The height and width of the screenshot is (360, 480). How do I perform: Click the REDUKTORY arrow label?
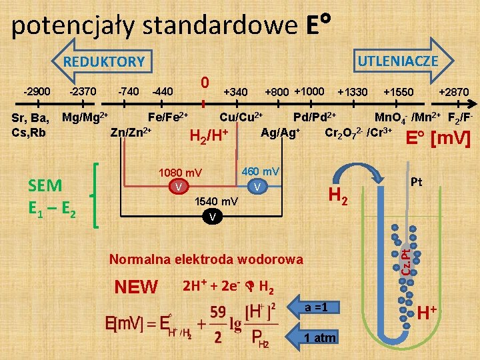(x=103, y=62)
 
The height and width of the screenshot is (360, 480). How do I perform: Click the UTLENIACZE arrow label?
(x=397, y=61)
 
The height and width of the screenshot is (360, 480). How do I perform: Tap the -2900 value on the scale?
(x=37, y=91)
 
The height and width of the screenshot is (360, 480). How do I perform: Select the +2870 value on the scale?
(x=453, y=92)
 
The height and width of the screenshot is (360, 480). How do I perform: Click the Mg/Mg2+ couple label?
(x=85, y=118)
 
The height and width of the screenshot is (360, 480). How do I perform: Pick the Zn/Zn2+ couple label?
(x=131, y=131)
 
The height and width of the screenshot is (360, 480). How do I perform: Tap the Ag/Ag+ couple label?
(x=280, y=131)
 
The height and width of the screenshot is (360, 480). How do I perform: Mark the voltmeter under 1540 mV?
(x=211, y=216)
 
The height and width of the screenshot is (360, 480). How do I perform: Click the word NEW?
(x=136, y=287)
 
